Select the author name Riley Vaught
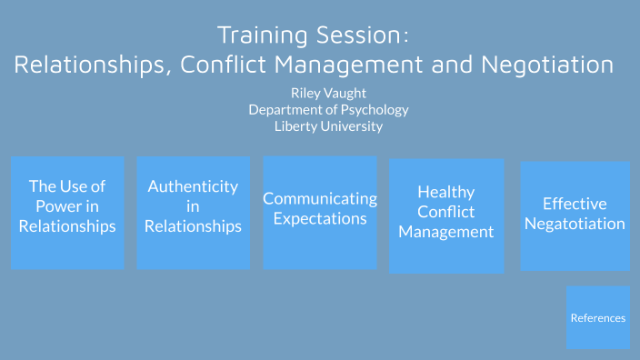pyautogui.click(x=328, y=93)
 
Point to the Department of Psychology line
pyautogui.click(x=328, y=109)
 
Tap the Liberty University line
pyautogui.click(x=328, y=125)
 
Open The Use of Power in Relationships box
pyautogui.click(x=67, y=213)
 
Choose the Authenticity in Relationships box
pyautogui.click(x=193, y=213)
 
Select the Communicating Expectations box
pyautogui.click(x=320, y=213)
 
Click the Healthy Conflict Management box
pyautogui.click(x=446, y=216)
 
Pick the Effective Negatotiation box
pyautogui.click(x=575, y=216)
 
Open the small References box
pyautogui.click(x=598, y=317)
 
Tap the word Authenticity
pyautogui.click(x=193, y=186)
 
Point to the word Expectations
pyautogui.click(x=320, y=218)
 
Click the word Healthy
pyautogui.click(x=446, y=192)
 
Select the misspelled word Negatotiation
pyautogui.click(x=575, y=224)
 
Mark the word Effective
pyautogui.click(x=575, y=204)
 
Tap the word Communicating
pyautogui.click(x=320, y=198)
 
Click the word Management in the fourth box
pyautogui.click(x=446, y=232)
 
